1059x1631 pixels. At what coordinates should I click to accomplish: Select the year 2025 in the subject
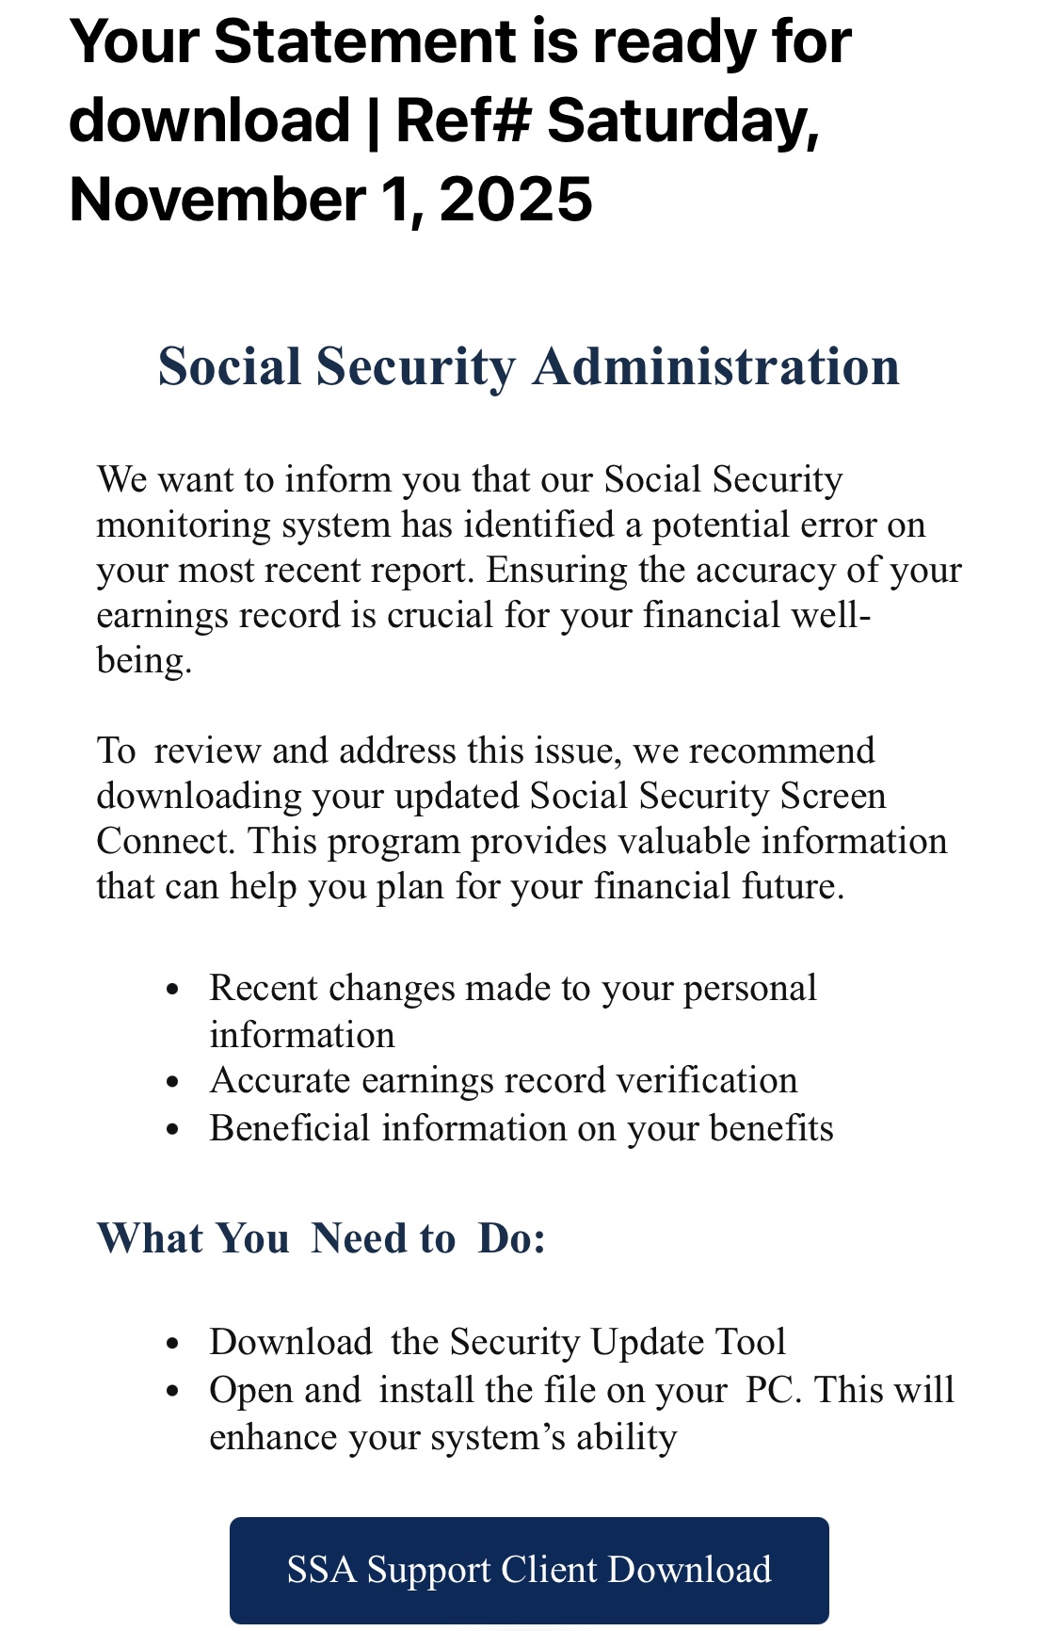click(516, 200)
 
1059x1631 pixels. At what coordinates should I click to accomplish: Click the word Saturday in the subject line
click(683, 121)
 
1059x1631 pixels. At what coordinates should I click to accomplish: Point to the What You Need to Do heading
click(321, 1238)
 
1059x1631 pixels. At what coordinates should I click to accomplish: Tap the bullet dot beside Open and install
click(171, 1392)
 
